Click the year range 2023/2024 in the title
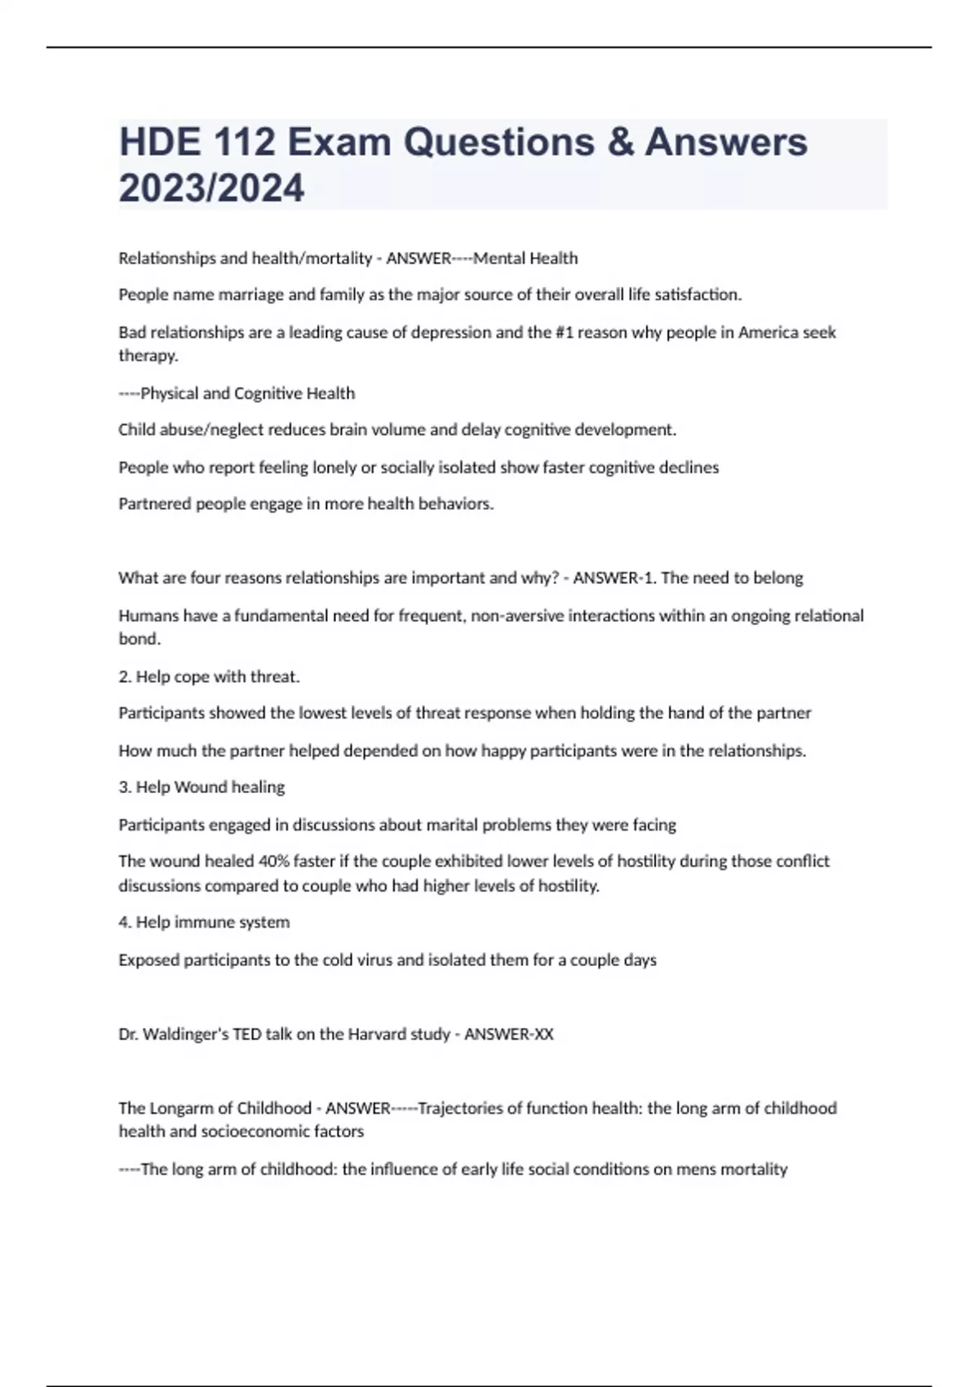click(211, 188)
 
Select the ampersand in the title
click(618, 142)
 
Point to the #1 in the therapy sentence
click(565, 333)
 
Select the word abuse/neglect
click(192, 430)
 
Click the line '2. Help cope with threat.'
click(209, 677)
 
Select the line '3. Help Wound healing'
click(202, 787)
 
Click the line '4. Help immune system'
click(204, 923)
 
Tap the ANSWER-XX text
click(508, 1035)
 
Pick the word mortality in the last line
click(754, 1170)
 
